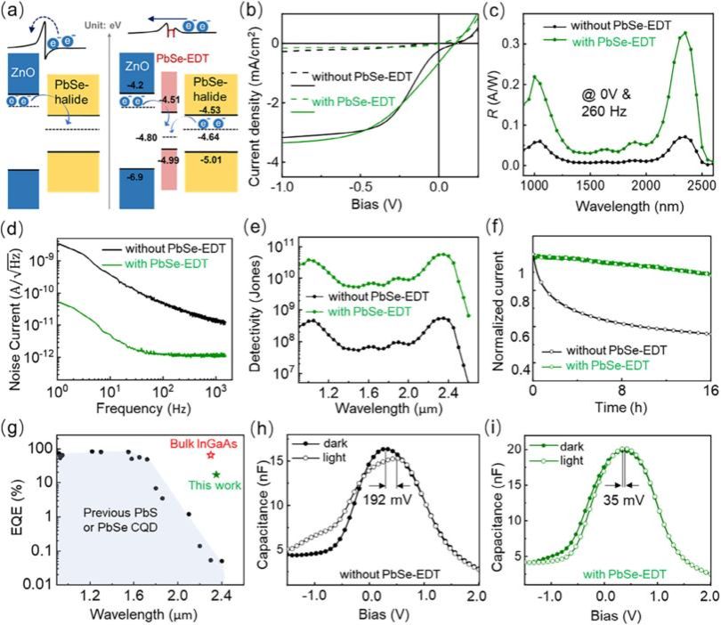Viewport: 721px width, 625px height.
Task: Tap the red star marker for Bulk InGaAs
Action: (211, 454)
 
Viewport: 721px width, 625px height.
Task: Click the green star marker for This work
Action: (216, 474)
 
